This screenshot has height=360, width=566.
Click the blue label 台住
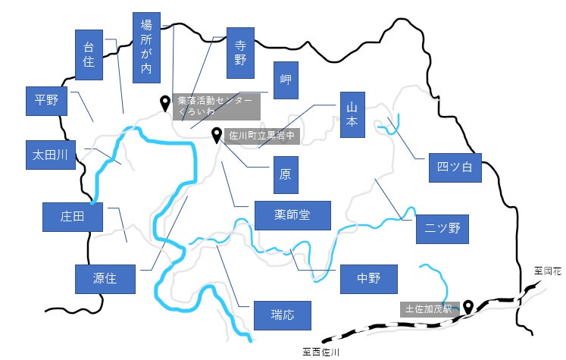89,55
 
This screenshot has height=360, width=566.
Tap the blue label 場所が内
146,48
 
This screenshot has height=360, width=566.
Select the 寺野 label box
240,53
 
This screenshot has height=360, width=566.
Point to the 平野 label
46,101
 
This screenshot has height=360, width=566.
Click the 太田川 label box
51,155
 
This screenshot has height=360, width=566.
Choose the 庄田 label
73,217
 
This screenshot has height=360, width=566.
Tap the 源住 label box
105,279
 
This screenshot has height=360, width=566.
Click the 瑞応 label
283,315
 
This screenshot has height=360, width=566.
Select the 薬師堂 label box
292,215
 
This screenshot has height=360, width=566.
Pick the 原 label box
286,175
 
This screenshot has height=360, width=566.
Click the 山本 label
352,115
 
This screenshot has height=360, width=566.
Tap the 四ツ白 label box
455,167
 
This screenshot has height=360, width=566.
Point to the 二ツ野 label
442,229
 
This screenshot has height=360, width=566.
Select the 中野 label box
369,279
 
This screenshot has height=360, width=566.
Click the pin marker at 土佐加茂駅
468,307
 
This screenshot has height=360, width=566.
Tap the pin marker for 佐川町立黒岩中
216,136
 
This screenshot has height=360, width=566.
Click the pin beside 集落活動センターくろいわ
165,104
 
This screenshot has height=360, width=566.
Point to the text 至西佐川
321,352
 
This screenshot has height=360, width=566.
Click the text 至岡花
548,271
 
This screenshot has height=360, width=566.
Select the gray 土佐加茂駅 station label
430,309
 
